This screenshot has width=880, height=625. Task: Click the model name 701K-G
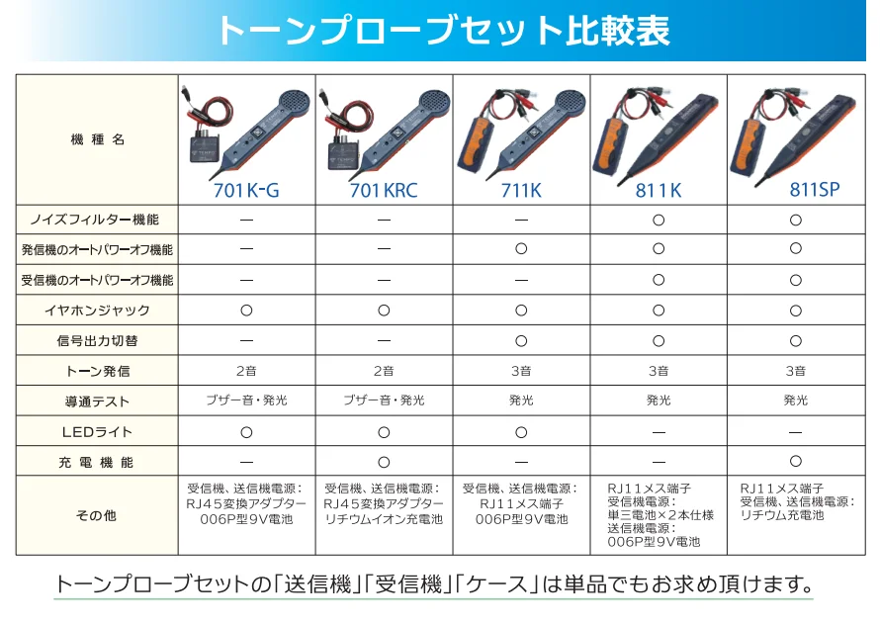(x=246, y=190)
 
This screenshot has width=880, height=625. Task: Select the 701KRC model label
(x=384, y=190)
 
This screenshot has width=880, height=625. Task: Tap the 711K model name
(x=521, y=190)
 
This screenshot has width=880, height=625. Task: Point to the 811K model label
(x=659, y=190)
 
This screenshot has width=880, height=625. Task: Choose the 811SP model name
(x=815, y=189)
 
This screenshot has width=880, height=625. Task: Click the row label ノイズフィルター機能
(x=95, y=220)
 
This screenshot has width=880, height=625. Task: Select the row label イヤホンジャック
(x=97, y=311)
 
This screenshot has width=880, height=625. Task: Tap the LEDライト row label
(x=97, y=432)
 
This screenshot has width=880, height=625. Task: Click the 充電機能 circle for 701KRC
(x=384, y=462)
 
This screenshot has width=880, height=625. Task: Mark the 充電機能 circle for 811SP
(x=796, y=461)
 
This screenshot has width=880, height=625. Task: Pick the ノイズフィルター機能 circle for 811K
(x=659, y=221)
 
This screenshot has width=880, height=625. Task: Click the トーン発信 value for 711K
(x=521, y=371)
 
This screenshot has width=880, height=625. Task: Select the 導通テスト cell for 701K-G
(x=246, y=401)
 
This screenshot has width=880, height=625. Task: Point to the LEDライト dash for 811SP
(x=796, y=432)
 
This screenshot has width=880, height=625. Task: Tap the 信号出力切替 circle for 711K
(x=521, y=341)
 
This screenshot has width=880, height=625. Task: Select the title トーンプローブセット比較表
(x=443, y=30)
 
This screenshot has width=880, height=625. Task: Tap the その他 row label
(x=96, y=515)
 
